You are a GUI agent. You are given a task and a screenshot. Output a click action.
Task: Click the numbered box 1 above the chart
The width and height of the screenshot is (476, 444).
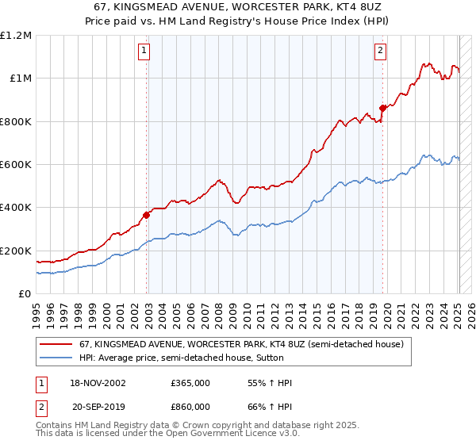pos(144,52)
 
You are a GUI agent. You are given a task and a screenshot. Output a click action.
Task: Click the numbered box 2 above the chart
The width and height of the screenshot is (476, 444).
pos(380,52)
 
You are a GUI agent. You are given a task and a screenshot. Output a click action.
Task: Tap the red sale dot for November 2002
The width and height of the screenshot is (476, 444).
pos(147,215)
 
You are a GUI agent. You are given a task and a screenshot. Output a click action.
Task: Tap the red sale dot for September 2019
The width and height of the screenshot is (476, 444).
pos(382,108)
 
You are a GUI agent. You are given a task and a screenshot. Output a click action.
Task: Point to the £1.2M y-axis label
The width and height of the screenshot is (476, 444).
pos(17,36)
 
